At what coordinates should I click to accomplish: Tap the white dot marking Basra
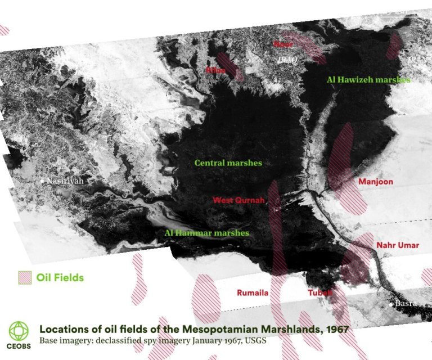click(x=391, y=304)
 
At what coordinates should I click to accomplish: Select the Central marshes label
click(x=228, y=163)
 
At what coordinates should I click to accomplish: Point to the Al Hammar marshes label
click(x=206, y=232)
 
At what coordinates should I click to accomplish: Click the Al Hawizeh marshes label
click(x=368, y=80)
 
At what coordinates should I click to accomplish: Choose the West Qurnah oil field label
click(x=238, y=200)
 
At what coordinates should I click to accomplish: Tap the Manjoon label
click(x=375, y=182)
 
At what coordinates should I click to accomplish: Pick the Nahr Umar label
click(x=398, y=246)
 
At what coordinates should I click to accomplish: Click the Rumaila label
click(x=253, y=293)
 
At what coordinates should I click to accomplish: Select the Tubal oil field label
click(x=319, y=293)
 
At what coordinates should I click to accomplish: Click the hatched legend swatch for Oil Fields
click(x=25, y=277)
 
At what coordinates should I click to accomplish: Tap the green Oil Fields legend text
click(x=60, y=277)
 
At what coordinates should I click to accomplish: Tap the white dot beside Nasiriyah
click(x=42, y=181)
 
